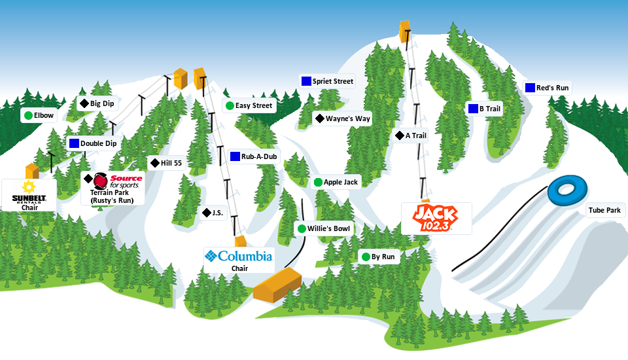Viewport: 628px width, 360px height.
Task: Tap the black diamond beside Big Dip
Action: point(84,103)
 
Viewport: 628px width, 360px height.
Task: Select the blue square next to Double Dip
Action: point(74,143)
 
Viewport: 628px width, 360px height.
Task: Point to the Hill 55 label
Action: point(171,163)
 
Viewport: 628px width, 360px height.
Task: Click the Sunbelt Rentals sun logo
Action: point(28,187)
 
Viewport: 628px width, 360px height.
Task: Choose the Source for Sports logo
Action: point(117,181)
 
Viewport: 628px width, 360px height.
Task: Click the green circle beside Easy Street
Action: point(230,105)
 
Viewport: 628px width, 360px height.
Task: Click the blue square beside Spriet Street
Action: point(305,81)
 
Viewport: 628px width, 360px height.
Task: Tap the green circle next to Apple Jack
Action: point(318,182)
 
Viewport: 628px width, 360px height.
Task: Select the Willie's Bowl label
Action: point(329,228)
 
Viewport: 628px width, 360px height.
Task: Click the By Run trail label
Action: point(383,257)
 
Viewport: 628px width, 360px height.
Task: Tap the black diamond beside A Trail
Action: point(399,135)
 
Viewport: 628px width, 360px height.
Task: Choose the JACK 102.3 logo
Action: point(435,217)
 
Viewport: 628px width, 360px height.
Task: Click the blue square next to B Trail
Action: point(473,109)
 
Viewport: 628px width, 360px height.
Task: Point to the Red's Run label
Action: point(552,88)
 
